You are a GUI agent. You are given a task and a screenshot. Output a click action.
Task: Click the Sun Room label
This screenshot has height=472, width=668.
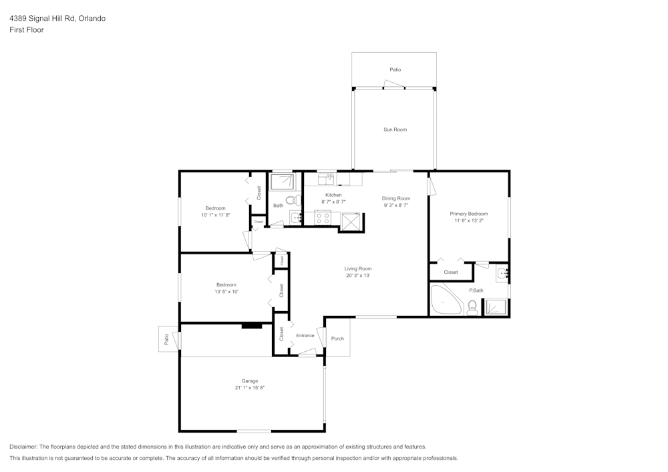[395, 130]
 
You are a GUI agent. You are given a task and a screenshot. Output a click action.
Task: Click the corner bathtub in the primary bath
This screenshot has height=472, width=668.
[444, 300]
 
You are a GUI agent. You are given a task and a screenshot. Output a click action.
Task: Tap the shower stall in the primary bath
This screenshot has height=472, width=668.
[495, 306]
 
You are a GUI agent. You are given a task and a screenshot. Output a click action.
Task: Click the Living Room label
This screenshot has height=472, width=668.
[358, 268]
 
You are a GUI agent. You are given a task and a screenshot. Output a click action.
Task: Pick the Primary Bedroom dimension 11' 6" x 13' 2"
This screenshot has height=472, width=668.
[468, 220]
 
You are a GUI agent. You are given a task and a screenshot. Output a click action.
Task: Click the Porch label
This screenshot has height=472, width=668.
[338, 338]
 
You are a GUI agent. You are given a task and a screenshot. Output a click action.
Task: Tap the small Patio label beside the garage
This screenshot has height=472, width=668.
[166, 340]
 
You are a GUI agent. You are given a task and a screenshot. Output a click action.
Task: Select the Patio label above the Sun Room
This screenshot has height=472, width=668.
[395, 69]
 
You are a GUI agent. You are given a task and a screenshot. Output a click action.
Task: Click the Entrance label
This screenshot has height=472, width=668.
[305, 335]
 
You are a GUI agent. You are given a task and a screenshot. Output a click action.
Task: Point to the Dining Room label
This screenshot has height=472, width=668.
[396, 198]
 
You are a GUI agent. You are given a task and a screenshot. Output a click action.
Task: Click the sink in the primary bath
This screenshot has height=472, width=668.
[502, 272]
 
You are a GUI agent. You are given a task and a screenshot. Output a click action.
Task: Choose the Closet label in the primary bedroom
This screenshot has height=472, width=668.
[451, 272]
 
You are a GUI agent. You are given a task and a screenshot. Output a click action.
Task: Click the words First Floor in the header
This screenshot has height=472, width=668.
[27, 30]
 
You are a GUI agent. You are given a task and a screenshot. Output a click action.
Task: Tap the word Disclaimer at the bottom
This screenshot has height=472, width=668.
[23, 447]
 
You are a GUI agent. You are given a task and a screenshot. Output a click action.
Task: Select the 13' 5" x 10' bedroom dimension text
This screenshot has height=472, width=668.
[226, 292]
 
